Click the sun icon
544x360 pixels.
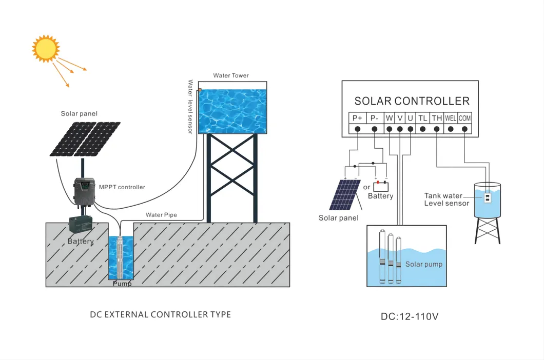tap(46, 49)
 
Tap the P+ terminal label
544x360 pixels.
tap(357, 118)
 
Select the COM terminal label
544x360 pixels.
tap(464, 118)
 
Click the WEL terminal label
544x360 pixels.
tap(451, 118)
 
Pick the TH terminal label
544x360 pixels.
tap(437, 118)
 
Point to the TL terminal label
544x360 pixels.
tap(422, 118)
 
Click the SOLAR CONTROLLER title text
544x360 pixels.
tap(412, 101)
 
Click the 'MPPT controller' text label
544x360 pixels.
tap(122, 187)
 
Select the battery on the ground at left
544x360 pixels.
tap(81, 224)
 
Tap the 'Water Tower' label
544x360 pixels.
tap(231, 75)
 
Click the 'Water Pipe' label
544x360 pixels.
tap(161, 215)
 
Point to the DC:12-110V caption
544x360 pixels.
tap(409, 316)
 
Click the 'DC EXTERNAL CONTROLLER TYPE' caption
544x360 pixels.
tap(160, 314)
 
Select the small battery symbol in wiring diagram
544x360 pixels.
tap(380, 186)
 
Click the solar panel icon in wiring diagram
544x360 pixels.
tap(344, 195)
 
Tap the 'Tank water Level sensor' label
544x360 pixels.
tap(446, 199)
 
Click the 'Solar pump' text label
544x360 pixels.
tap(423, 264)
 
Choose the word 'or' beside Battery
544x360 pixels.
tap(366, 187)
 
